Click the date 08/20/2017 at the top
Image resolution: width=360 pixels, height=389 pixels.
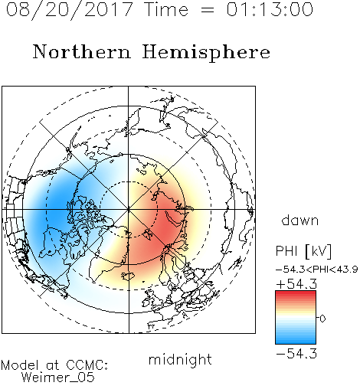click(x=70, y=9)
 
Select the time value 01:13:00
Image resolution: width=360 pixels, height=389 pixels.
click(x=270, y=9)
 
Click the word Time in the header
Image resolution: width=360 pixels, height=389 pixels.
click(x=166, y=9)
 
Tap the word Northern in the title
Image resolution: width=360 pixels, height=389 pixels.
click(x=82, y=51)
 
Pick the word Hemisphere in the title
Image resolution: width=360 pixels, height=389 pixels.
click(x=206, y=53)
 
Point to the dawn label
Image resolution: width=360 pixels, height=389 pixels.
click(x=300, y=220)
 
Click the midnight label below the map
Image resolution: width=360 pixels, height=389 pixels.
click(x=180, y=359)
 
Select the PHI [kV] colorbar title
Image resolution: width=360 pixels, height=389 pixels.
click(x=303, y=251)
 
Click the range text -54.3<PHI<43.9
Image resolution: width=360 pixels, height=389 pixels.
click(x=317, y=270)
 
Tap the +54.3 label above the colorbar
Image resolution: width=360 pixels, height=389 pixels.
click(x=296, y=284)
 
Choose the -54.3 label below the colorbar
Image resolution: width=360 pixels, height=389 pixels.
click(x=296, y=354)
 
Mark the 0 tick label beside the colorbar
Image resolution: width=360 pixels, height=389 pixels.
click(x=322, y=319)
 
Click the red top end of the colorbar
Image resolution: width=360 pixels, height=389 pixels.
click(x=296, y=293)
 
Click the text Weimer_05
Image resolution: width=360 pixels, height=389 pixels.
click(x=58, y=377)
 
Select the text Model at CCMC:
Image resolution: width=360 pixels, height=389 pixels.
click(x=54, y=365)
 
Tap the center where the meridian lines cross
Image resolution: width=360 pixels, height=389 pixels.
click(x=129, y=210)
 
